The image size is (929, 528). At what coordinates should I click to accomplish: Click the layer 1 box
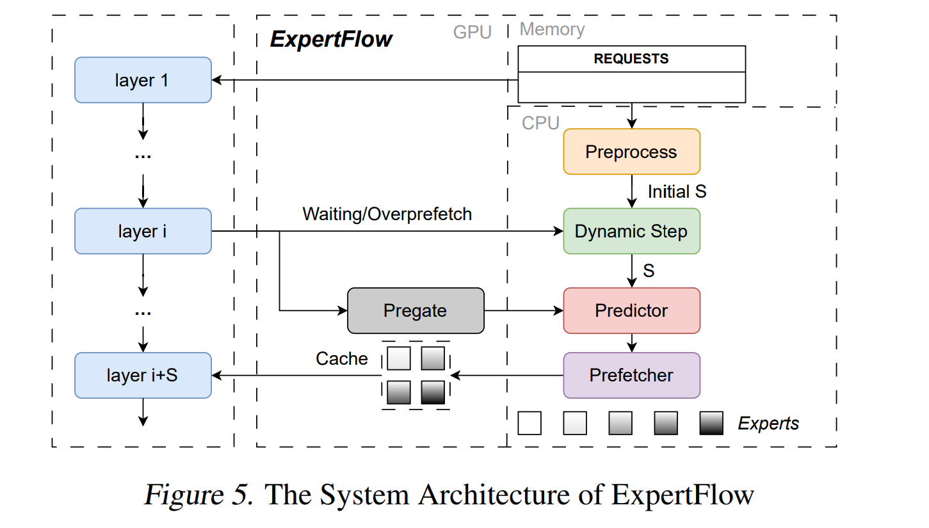point(143,80)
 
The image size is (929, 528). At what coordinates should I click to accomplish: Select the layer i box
point(143,231)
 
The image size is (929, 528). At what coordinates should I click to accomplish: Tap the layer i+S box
point(143,375)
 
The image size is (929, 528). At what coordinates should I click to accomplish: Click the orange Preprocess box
point(631,152)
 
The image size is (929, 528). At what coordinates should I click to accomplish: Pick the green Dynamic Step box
point(631,231)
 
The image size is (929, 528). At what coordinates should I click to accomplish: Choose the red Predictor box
point(631,310)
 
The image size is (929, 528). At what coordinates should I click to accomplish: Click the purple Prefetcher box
point(631,375)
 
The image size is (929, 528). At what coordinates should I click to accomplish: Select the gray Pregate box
point(415,310)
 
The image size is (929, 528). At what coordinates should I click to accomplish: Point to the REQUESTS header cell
point(631,59)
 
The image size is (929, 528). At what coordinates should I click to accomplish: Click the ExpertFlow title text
point(331,40)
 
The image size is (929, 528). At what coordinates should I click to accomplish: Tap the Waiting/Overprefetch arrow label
point(387,214)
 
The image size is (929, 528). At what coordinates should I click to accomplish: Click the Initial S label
point(677,191)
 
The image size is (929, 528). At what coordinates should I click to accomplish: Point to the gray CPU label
point(540,123)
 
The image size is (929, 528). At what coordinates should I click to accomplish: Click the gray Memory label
point(552,29)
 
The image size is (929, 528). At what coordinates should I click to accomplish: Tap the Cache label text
point(341,358)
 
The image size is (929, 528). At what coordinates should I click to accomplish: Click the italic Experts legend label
point(768,423)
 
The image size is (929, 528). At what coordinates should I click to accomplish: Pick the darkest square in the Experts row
point(711,423)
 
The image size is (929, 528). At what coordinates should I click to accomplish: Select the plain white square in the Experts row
point(529,423)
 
